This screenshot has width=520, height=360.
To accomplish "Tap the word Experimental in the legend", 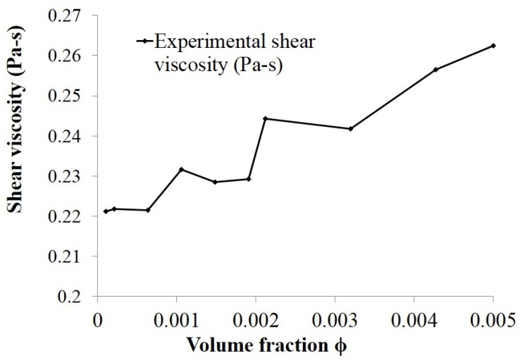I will [197, 41].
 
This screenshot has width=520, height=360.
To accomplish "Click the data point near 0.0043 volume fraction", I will [435, 69].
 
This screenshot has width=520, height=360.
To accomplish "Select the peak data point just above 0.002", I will [265, 118].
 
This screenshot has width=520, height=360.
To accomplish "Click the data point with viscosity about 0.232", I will [181, 169].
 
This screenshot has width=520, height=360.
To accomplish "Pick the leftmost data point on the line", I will [106, 211].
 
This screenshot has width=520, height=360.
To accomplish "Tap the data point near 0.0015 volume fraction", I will [215, 182].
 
